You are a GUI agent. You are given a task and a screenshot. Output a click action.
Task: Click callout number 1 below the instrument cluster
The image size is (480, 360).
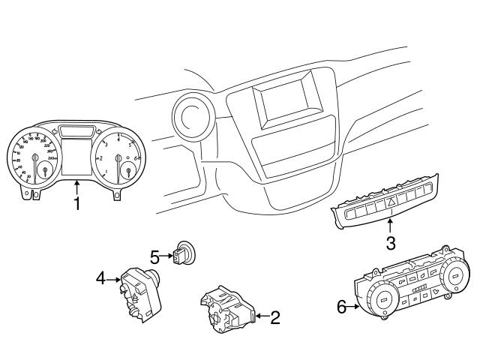pyautogui.click(x=76, y=204)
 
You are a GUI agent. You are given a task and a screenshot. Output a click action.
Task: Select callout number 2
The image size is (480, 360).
pyautogui.click(x=274, y=317)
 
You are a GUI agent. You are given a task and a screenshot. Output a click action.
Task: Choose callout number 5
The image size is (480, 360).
pyautogui.click(x=155, y=257)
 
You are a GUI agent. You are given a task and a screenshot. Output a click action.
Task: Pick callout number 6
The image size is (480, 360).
pyautogui.click(x=342, y=307)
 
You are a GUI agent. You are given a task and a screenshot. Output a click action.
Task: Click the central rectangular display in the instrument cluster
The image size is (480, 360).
pyautogui.click(x=77, y=155)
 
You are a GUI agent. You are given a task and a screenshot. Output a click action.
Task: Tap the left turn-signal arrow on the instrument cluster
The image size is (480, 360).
pyautogui.click(x=61, y=129)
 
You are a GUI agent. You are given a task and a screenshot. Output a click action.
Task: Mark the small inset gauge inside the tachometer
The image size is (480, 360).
pyautogui.click(x=130, y=170)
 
